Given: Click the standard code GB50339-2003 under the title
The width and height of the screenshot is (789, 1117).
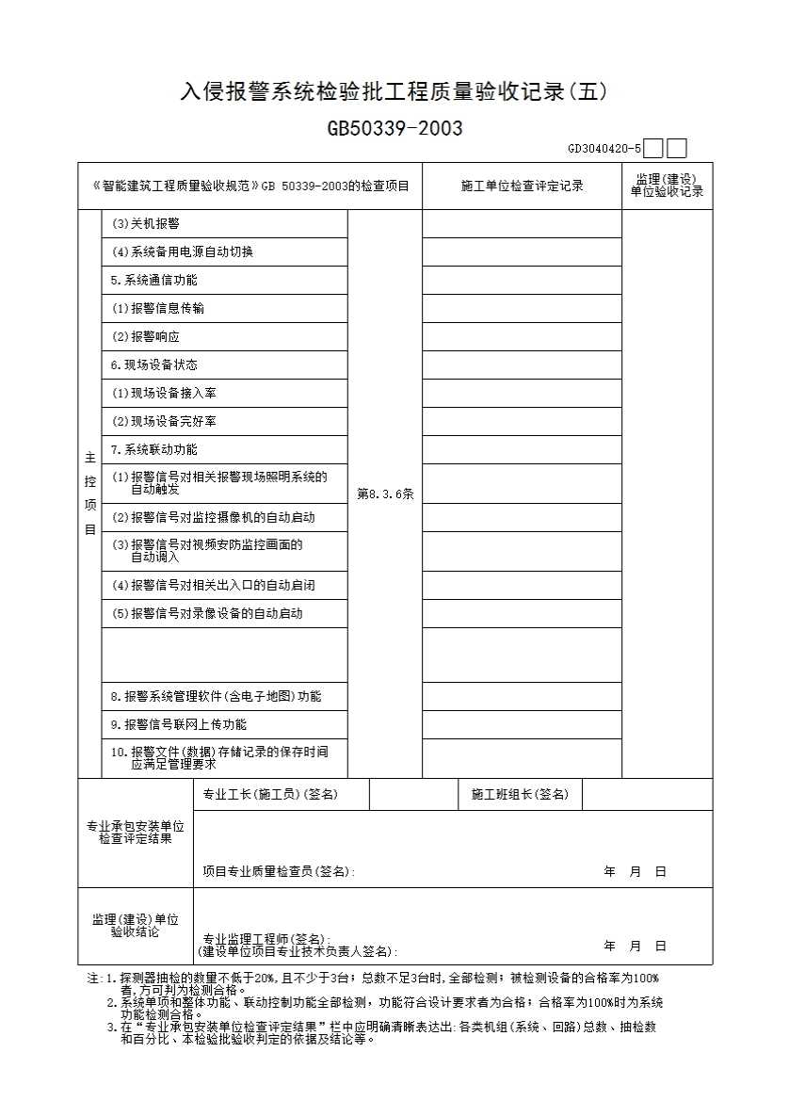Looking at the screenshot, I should pyautogui.click(x=394, y=129).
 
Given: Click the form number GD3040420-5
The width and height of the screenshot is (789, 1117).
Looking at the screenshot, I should pyautogui.click(x=604, y=149).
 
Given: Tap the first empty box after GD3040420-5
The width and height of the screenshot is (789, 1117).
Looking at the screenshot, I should pyautogui.click(x=654, y=149).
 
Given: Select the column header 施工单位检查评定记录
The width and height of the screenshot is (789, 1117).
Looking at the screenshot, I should pyautogui.click(x=522, y=186).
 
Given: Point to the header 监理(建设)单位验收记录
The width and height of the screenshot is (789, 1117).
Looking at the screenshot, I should pyautogui.click(x=667, y=186).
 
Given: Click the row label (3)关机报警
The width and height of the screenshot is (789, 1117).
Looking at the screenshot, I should pyautogui.click(x=146, y=224).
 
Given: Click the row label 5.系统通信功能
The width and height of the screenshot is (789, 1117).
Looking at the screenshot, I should pyautogui.click(x=154, y=281).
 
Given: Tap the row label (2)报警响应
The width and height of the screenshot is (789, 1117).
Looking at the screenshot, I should pyautogui.click(x=146, y=337).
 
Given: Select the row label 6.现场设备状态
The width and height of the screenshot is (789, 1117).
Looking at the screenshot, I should pyautogui.click(x=154, y=365).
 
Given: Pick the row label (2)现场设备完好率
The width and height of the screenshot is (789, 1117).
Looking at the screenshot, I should pyautogui.click(x=165, y=422).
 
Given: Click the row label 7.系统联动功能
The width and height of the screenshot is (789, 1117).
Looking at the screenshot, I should pyautogui.click(x=154, y=450).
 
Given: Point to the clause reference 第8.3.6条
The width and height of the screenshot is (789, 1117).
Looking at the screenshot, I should pyautogui.click(x=385, y=494).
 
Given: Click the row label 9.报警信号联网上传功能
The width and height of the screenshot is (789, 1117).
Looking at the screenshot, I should pyautogui.click(x=179, y=725).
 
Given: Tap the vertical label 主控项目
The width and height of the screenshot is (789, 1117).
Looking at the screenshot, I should pyautogui.click(x=90, y=494).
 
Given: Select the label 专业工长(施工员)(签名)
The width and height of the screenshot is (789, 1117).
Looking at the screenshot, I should pyautogui.click(x=270, y=795).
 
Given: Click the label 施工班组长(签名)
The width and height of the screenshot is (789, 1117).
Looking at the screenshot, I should pyautogui.click(x=520, y=795).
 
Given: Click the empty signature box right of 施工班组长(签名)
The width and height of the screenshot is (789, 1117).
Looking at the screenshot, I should pyautogui.click(x=647, y=795).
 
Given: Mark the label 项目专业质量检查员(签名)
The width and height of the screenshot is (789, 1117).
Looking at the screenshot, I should pyautogui.click(x=279, y=872).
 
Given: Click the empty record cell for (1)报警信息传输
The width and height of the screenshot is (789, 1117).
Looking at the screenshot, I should pyautogui.click(x=522, y=309).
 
